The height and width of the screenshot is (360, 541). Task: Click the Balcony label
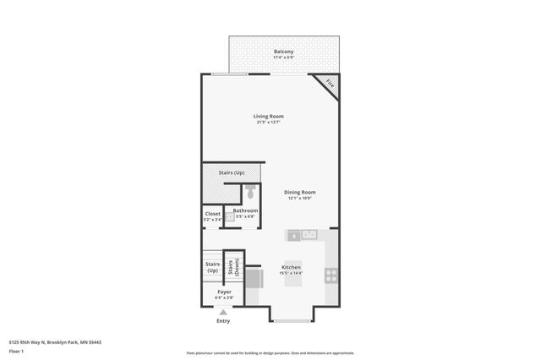coord(284,52)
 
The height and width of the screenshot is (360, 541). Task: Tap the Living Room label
coord(269,116)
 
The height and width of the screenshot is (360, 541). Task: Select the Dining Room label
coord(299,193)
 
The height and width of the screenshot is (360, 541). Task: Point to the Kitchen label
coord(291,268)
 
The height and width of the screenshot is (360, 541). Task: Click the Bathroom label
coord(245,210)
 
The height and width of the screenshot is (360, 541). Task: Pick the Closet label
coord(212,214)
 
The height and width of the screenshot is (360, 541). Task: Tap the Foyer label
coord(224,292)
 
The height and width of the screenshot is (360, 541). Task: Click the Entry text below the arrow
coord(223,321)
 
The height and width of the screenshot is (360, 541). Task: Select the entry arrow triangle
coord(223,312)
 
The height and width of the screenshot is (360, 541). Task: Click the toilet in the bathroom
coord(250,193)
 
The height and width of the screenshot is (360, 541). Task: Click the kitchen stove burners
coord(331,274)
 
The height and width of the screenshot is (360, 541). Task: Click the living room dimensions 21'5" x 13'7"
coord(269,123)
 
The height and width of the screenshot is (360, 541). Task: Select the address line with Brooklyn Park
coord(54,341)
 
